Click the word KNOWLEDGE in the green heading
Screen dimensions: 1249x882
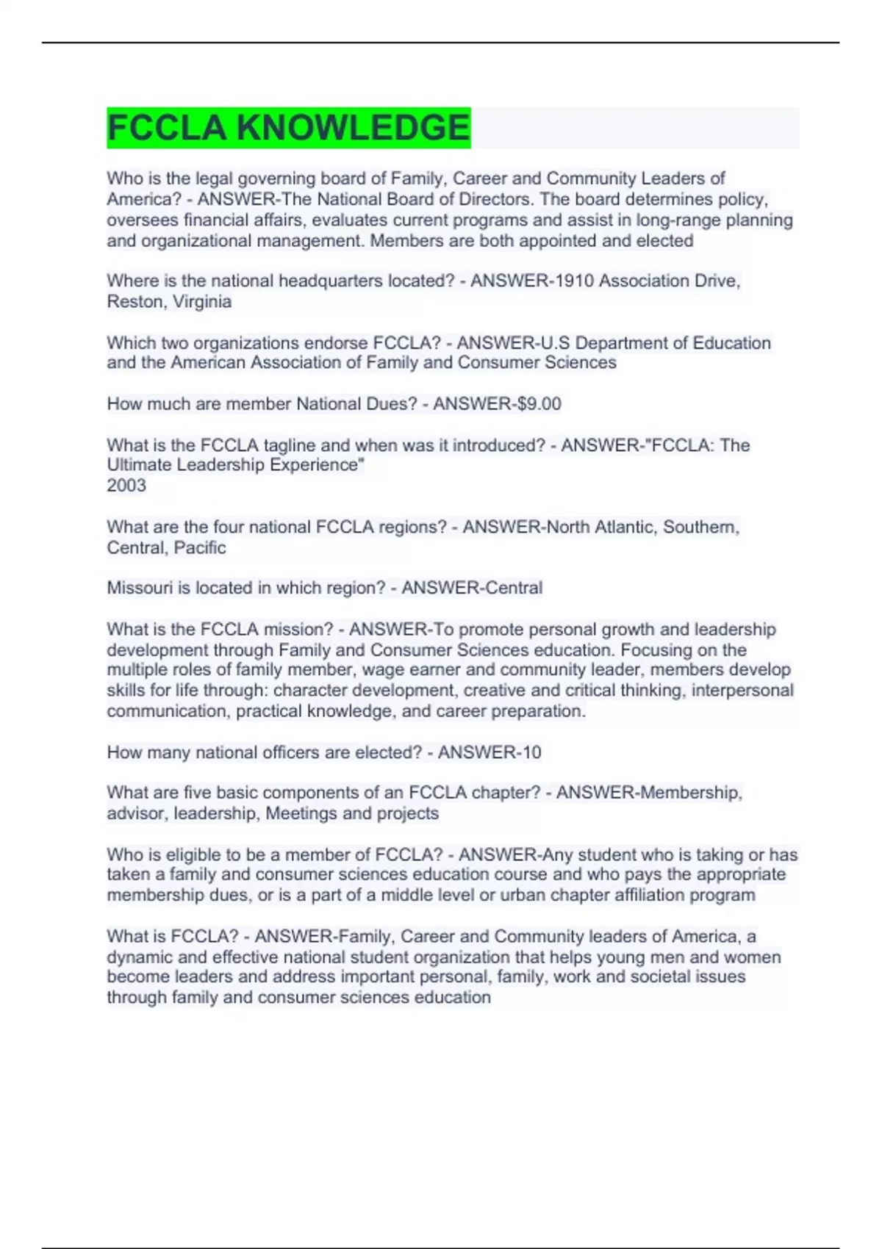pos(353,128)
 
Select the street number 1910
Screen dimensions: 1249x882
pos(576,281)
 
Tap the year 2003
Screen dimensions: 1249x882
pos(126,486)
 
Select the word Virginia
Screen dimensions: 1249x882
pos(202,301)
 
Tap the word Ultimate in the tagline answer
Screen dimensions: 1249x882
pos(136,465)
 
